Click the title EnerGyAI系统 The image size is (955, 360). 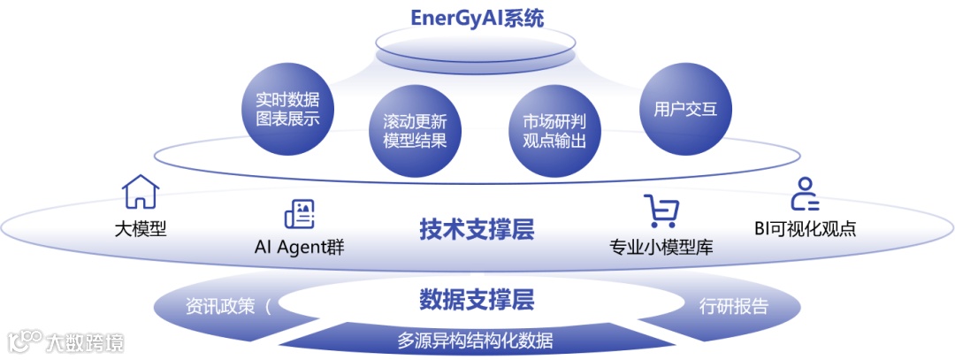(477, 19)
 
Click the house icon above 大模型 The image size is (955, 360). (140, 192)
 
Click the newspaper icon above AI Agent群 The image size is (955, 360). (299, 214)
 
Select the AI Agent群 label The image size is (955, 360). (298, 248)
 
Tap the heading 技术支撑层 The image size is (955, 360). (477, 230)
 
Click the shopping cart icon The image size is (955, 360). (662, 213)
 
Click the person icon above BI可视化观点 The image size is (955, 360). (804, 193)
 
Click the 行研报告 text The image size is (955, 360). (733, 307)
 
